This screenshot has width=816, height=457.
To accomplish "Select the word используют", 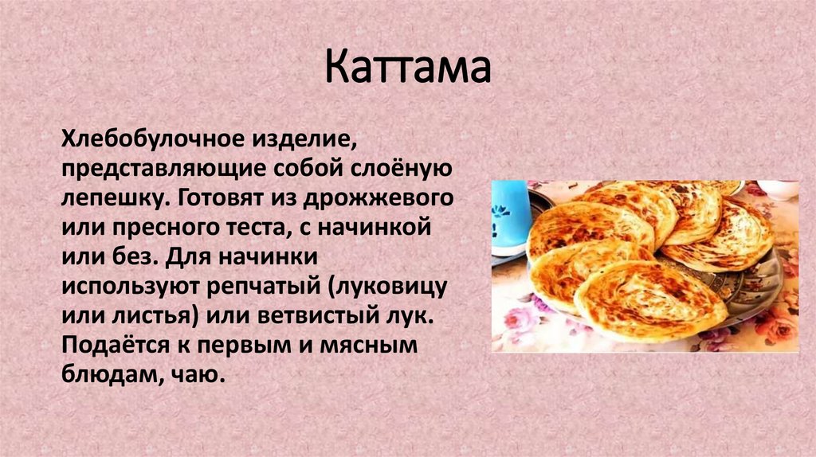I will tap(132, 285).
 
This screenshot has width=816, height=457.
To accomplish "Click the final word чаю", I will tap(194, 373).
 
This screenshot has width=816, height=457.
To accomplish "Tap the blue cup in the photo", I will tap(510, 215).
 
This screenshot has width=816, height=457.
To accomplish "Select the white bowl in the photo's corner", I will tap(778, 189).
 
